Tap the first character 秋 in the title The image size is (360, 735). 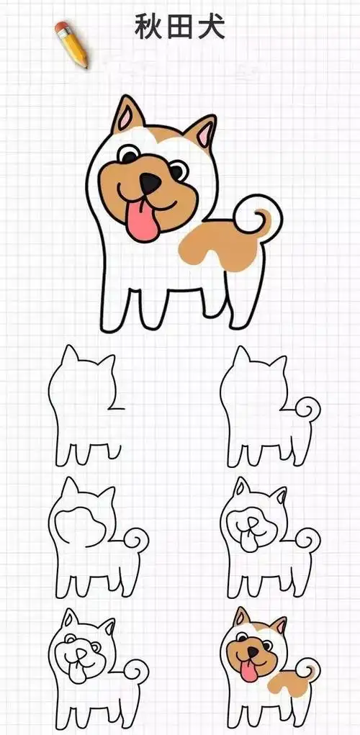(x=148, y=28)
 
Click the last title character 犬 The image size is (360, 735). (x=212, y=28)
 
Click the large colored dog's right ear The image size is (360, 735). (x=202, y=132)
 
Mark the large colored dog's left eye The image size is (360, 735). (x=129, y=154)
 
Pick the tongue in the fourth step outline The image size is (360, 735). (x=248, y=541)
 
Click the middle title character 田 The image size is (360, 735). (x=180, y=28)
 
